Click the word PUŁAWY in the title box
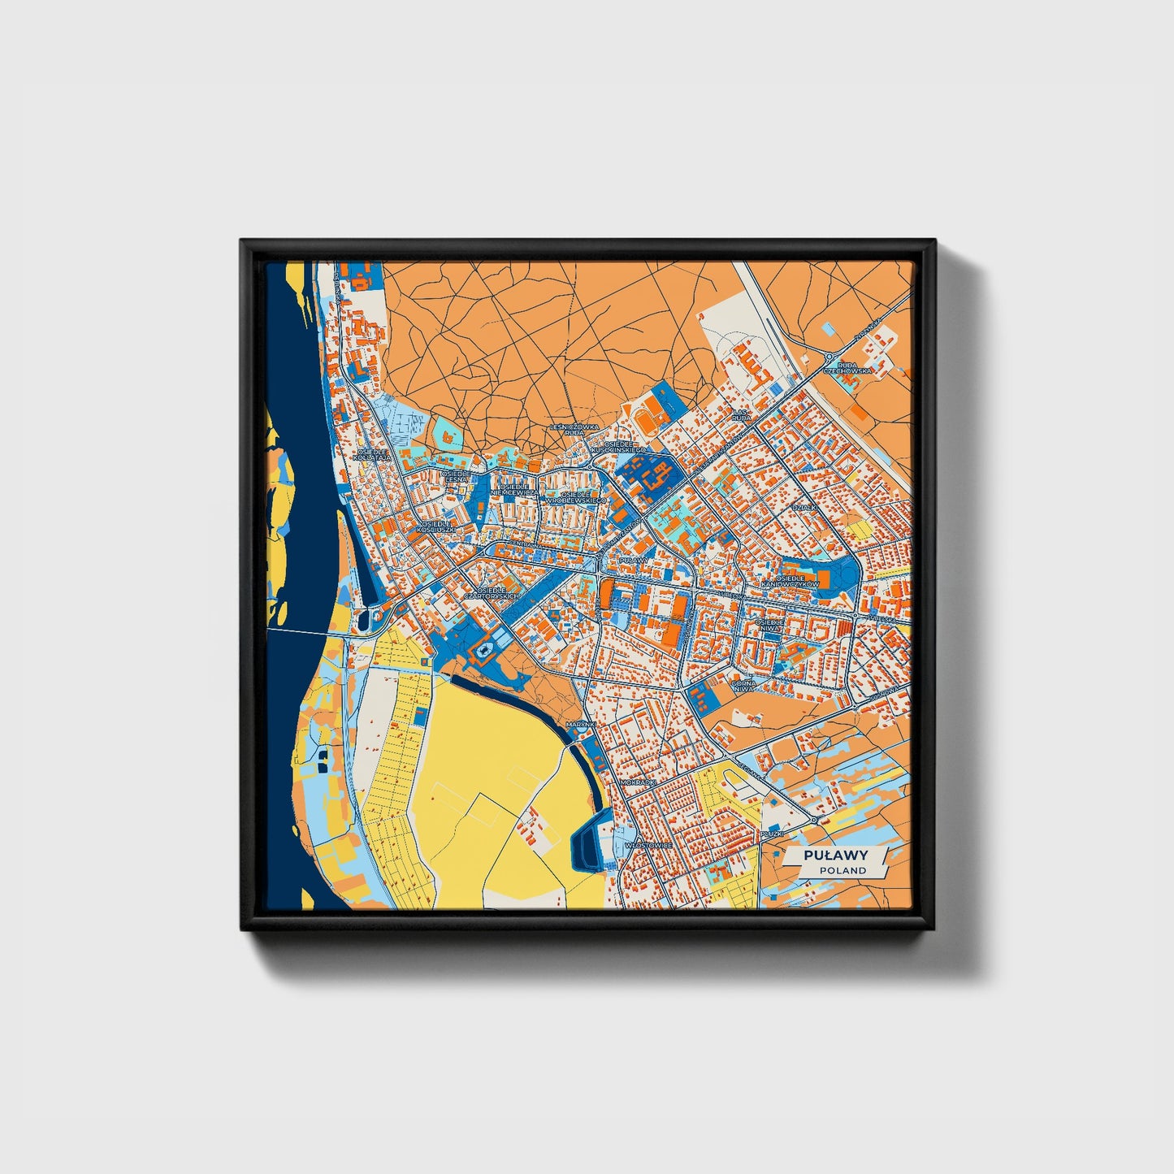tap(836, 855)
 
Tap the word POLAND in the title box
tap(843, 870)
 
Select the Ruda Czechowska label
tap(847, 368)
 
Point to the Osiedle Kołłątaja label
tap(373, 454)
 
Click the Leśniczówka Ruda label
tap(574, 429)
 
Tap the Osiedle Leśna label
tap(455, 476)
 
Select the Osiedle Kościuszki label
tap(435, 527)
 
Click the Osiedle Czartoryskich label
tap(491, 593)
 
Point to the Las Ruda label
tap(741, 414)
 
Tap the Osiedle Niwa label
tap(769, 625)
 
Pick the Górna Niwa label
tap(743, 687)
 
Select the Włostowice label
tap(648, 845)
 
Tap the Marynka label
tap(582, 723)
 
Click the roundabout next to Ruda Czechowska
tap(830, 356)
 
